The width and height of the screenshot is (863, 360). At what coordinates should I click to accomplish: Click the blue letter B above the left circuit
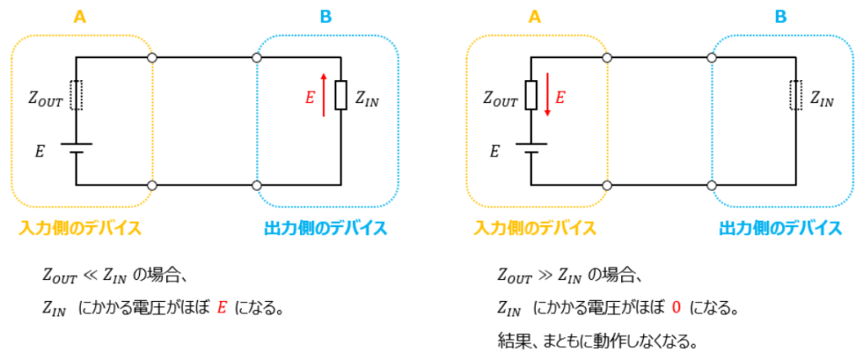coord(326,17)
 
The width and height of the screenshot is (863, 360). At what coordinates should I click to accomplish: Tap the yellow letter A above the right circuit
coord(534,17)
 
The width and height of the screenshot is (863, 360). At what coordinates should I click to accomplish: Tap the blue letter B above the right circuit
coord(781,17)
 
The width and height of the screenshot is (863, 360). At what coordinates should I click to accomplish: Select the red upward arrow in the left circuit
coord(324,96)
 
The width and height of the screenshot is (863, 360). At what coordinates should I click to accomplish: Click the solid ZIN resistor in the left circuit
coord(340,95)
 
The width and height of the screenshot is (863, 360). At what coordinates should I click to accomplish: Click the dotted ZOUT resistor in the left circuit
coord(76,95)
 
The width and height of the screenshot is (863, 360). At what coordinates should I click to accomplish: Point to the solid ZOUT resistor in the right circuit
coord(531,95)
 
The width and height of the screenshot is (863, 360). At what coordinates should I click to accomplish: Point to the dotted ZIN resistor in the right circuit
coord(796,95)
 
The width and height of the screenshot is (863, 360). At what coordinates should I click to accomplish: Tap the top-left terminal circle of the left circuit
coord(153,58)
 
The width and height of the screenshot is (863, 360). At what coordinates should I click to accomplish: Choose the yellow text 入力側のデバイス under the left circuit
coord(79,228)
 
